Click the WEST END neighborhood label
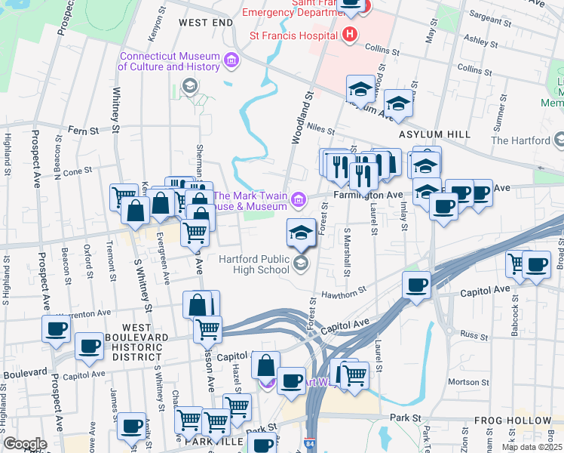pyautogui.click(x=205, y=23)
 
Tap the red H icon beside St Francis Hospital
pyautogui.click(x=349, y=35)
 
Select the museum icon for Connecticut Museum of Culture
pyautogui.click(x=231, y=60)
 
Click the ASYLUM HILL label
pyautogui.click(x=434, y=134)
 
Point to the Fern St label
pyautogui.click(x=84, y=131)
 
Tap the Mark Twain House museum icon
pyautogui.click(x=299, y=200)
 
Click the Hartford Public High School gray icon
pyautogui.click(x=301, y=263)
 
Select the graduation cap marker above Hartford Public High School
pyautogui.click(x=301, y=231)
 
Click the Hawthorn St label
pyautogui.click(x=343, y=291)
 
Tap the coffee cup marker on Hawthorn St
pyautogui.click(x=415, y=285)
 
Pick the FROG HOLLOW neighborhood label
pyautogui.click(x=513, y=421)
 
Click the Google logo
pyautogui.click(x=24, y=444)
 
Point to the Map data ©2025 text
pyautogui.click(x=531, y=447)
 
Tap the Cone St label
pyautogui.click(x=76, y=171)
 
